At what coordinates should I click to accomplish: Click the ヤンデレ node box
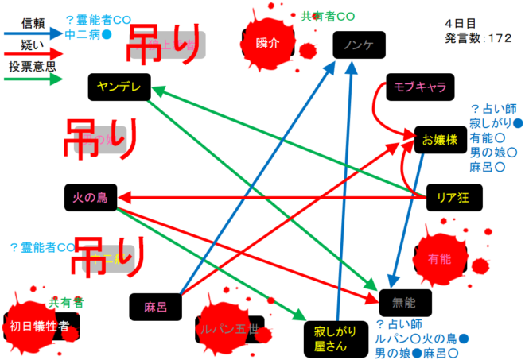pyautogui.click(x=119, y=87)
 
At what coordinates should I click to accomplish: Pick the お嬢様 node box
pyautogui.click(x=439, y=140)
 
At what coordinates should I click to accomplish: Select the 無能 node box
pyautogui.click(x=405, y=300)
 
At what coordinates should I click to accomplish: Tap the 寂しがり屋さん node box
pyautogui.click(x=330, y=339)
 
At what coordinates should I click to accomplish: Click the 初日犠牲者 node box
pyautogui.click(x=44, y=326)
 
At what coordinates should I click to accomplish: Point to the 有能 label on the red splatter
pyautogui.click(x=439, y=258)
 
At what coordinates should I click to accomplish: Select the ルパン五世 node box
pyautogui.click(x=231, y=327)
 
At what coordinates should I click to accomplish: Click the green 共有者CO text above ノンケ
pyautogui.click(x=328, y=15)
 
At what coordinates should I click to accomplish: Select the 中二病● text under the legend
pyautogui.click(x=88, y=35)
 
